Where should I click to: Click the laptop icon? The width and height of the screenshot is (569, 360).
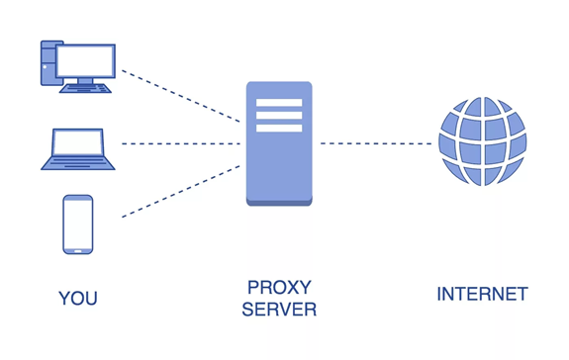pos(77,149)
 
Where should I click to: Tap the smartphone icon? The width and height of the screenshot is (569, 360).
pos(77,224)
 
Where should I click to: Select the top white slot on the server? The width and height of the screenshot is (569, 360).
pos(279,102)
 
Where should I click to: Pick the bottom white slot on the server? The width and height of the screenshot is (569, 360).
pos(279,128)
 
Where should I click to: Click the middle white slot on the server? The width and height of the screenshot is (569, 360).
pos(279,115)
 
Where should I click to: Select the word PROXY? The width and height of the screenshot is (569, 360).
pos(279,288)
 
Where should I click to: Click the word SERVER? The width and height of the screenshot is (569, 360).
pos(279,311)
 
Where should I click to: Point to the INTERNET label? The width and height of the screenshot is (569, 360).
pos(482,295)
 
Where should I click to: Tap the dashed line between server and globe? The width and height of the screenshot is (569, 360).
pos(376,143)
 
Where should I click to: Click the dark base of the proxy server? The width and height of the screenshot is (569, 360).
pos(279,202)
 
